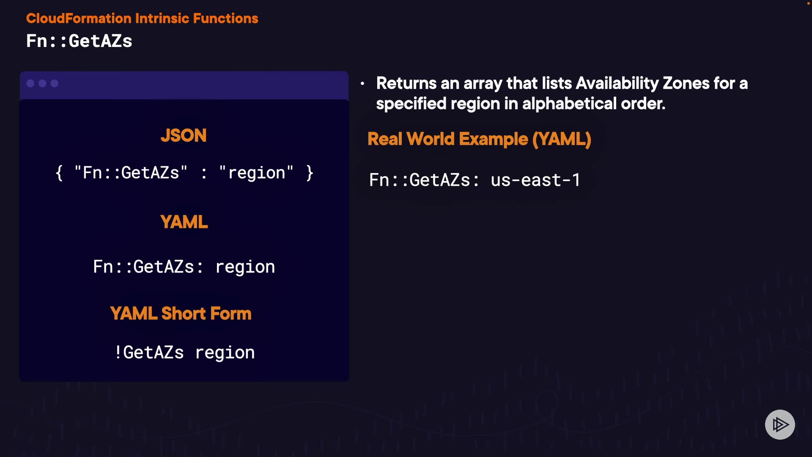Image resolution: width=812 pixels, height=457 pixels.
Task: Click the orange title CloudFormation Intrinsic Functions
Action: point(142,19)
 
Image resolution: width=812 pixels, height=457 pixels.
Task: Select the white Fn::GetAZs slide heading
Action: point(79,41)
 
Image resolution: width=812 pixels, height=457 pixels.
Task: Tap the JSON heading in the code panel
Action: point(184,136)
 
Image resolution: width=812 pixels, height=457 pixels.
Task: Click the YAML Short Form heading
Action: point(181,314)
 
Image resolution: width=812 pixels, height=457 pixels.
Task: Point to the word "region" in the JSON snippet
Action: point(256,173)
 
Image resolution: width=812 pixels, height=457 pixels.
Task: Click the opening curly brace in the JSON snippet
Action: point(59,173)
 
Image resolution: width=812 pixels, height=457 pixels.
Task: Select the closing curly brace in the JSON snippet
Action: point(310,173)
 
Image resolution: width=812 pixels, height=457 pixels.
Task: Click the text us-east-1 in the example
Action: point(535,180)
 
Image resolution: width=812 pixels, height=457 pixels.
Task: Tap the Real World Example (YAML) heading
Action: point(479,139)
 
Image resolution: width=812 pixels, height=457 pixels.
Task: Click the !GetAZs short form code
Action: point(149,352)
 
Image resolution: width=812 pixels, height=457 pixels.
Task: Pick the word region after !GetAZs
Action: point(225,353)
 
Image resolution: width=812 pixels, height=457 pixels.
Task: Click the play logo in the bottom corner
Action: point(780,424)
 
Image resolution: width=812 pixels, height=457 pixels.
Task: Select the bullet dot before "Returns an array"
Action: point(362,84)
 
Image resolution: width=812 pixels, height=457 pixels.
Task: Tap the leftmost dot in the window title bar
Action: point(30,83)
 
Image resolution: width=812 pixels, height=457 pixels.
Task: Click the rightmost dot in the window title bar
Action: point(55,83)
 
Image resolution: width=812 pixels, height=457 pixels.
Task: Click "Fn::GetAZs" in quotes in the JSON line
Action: point(131,173)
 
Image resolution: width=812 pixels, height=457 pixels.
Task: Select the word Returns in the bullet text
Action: point(406,83)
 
